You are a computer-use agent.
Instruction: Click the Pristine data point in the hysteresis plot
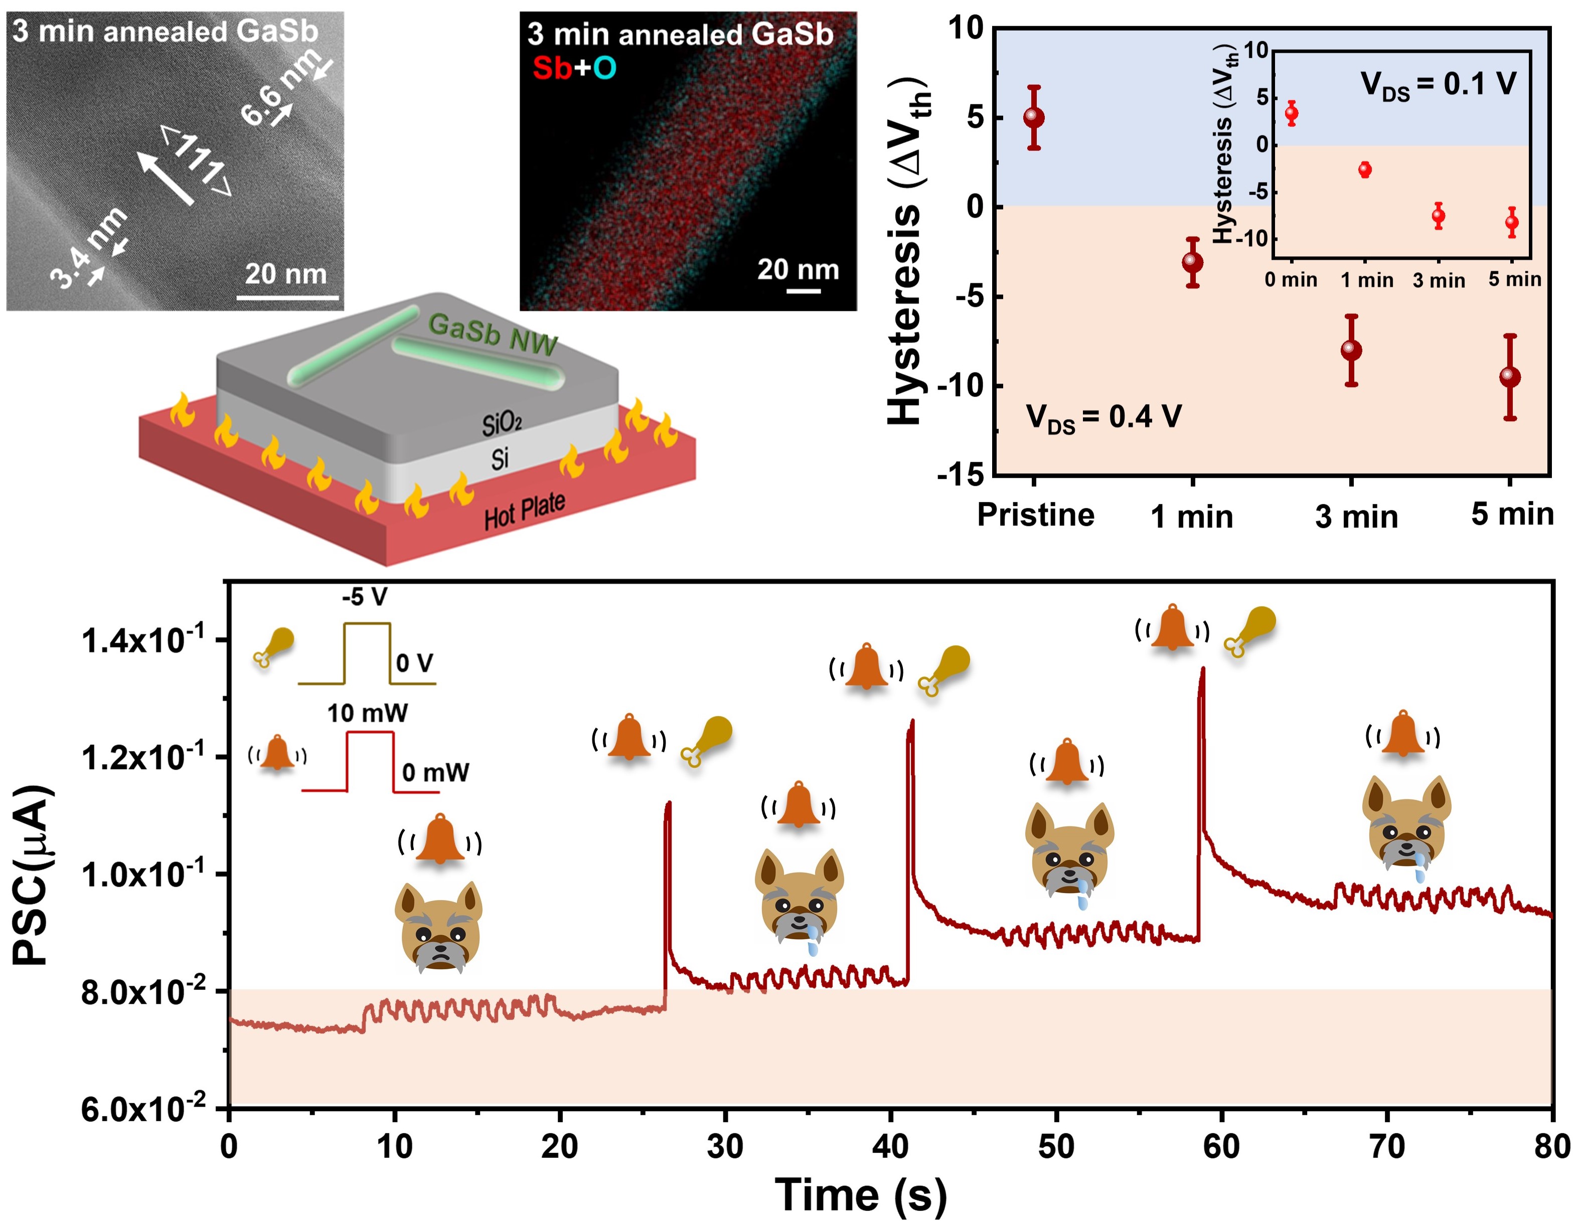[x=1034, y=117]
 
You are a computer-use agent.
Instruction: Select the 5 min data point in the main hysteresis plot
[x=1509, y=377]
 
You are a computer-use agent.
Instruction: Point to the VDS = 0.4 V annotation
[x=1103, y=418]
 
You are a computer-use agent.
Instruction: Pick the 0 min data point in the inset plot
[x=1291, y=113]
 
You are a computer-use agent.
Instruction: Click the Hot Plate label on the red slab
[x=524, y=510]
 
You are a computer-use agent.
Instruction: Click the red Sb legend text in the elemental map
[x=552, y=68]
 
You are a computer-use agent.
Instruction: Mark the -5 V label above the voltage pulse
[x=364, y=597]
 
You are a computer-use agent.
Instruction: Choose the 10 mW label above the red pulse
[x=367, y=714]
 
